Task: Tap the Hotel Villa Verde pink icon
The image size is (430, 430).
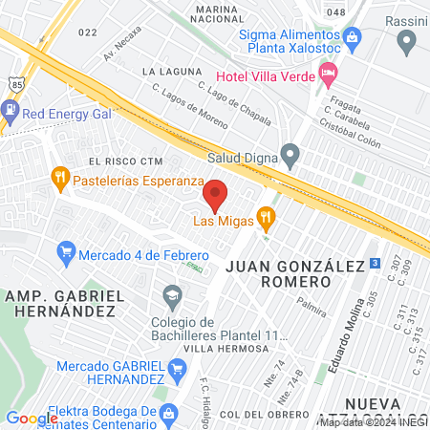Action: (328, 72)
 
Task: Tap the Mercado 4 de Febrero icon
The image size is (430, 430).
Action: (66, 251)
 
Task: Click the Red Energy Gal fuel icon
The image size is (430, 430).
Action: (10, 111)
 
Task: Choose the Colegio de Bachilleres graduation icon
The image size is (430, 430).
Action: (172, 293)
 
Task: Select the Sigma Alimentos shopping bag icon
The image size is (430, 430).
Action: (354, 37)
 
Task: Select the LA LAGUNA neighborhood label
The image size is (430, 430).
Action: (172, 72)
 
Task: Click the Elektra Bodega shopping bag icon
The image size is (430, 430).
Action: (168, 414)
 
